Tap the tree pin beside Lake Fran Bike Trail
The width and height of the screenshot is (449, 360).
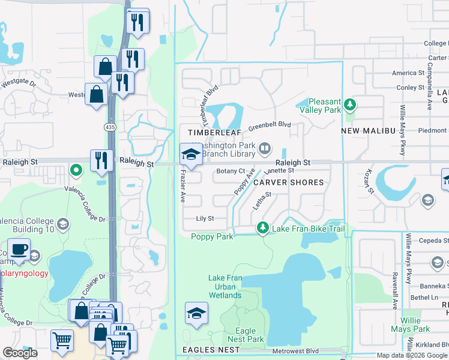click(262, 228)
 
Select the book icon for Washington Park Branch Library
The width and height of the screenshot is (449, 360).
click(264, 148)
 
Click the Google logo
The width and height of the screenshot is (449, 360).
click(20, 353)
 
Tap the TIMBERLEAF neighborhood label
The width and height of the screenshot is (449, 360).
click(210, 132)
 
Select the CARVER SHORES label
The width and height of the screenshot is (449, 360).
click(288, 182)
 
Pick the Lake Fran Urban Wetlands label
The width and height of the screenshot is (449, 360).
click(225, 286)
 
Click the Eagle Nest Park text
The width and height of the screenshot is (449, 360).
click(246, 335)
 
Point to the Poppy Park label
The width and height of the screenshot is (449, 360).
click(212, 237)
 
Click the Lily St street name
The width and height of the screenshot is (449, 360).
click(205, 219)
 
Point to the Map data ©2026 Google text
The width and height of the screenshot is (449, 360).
click(412, 355)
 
